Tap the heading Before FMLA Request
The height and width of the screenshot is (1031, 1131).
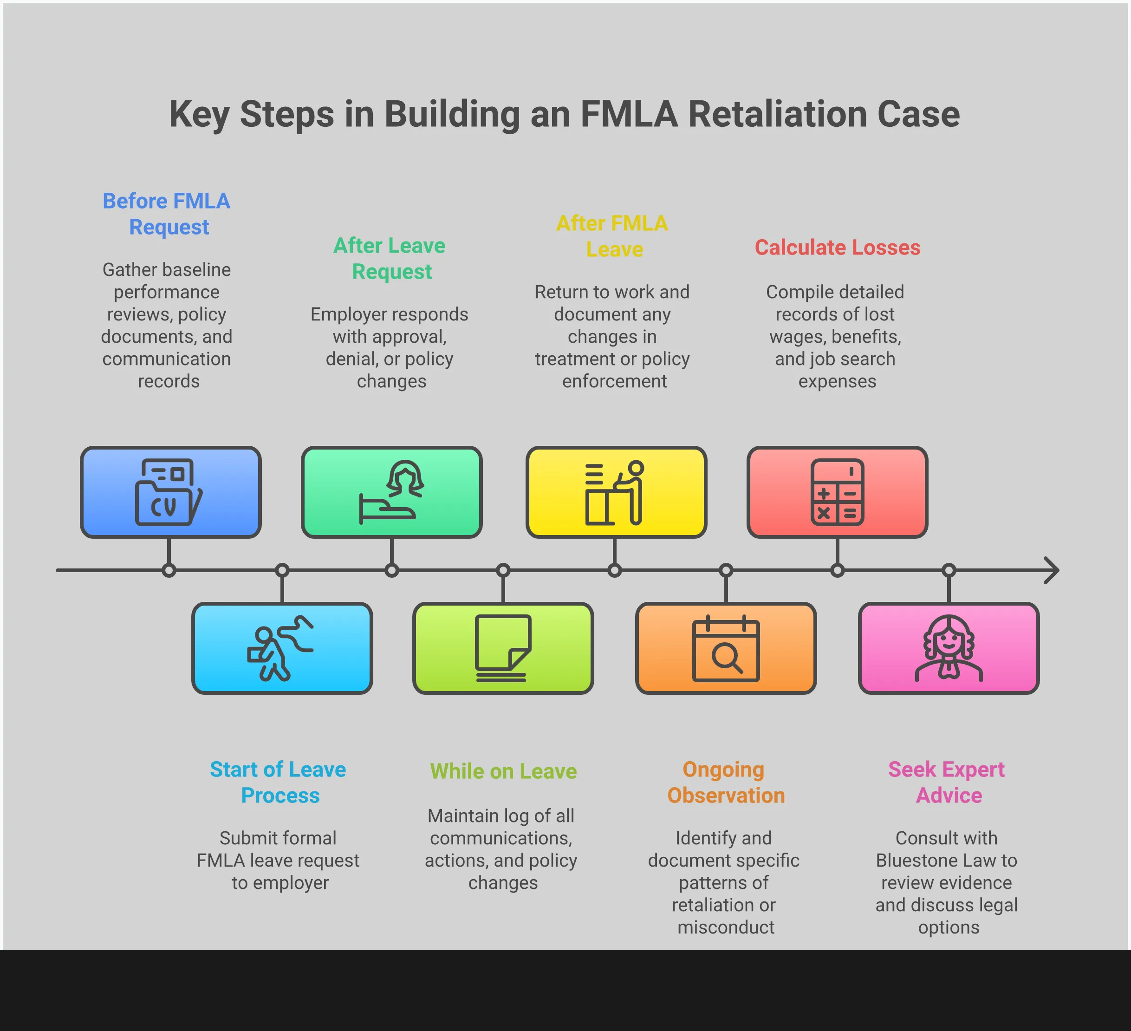click(x=167, y=214)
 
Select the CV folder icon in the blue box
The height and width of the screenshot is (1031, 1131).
click(x=168, y=492)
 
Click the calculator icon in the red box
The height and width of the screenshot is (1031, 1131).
click(x=837, y=492)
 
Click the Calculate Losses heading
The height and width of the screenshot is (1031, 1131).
click(x=837, y=248)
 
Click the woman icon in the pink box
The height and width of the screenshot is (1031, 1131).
click(x=948, y=648)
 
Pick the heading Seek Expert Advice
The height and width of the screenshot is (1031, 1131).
click(x=947, y=783)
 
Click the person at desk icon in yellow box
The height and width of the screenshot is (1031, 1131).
click(x=615, y=492)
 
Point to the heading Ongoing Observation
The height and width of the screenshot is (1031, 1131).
click(x=725, y=783)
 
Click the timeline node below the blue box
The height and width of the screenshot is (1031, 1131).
click(x=169, y=570)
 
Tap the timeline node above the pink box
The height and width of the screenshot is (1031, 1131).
click(x=948, y=570)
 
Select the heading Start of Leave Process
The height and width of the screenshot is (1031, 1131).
click(x=278, y=783)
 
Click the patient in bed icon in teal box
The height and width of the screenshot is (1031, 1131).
click(x=391, y=492)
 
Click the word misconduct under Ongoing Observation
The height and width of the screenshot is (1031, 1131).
click(x=725, y=927)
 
